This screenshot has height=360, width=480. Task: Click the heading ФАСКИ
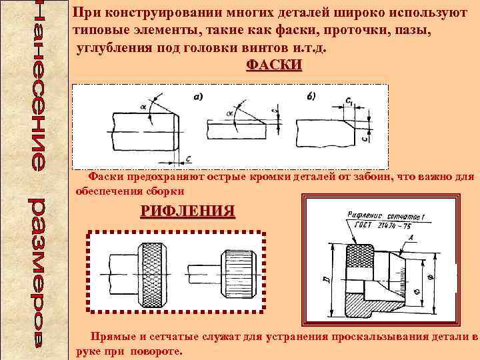coord(274,65)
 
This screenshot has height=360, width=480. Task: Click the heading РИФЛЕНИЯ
coord(187,212)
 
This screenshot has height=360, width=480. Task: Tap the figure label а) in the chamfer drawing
coord(198,97)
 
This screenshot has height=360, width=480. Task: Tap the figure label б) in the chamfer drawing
coord(312,97)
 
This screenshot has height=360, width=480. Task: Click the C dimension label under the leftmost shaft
coord(189,159)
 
